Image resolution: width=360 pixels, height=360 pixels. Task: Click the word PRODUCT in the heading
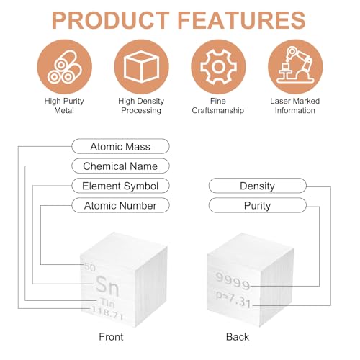tap(111, 20)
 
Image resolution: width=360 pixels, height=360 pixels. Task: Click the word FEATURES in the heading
tap(241, 20)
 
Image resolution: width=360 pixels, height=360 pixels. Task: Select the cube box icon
tap(142, 67)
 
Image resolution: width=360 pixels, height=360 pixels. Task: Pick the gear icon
tap(218, 67)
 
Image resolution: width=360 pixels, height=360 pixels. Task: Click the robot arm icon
tap(295, 67)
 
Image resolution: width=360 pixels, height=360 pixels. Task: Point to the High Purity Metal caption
tap(64, 106)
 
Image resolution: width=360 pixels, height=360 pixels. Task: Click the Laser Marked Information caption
tap(295, 106)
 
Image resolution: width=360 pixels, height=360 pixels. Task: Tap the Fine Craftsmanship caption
tap(218, 106)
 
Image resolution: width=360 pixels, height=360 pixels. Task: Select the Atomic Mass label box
tap(120, 146)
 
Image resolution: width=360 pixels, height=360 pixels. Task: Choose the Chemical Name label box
tap(120, 166)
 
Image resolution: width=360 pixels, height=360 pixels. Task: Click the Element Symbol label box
tap(120, 186)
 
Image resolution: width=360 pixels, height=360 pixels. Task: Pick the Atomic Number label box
tap(120, 205)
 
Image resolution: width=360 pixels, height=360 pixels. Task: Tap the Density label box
tap(258, 186)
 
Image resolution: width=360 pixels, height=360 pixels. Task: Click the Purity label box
tap(258, 205)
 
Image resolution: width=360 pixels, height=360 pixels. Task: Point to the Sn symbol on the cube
tap(107, 286)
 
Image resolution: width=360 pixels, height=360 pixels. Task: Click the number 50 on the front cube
tap(90, 267)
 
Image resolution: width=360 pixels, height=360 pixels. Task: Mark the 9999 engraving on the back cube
tap(233, 281)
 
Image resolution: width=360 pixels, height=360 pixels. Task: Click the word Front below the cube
tap(111, 337)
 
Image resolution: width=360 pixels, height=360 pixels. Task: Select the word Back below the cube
tap(238, 337)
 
